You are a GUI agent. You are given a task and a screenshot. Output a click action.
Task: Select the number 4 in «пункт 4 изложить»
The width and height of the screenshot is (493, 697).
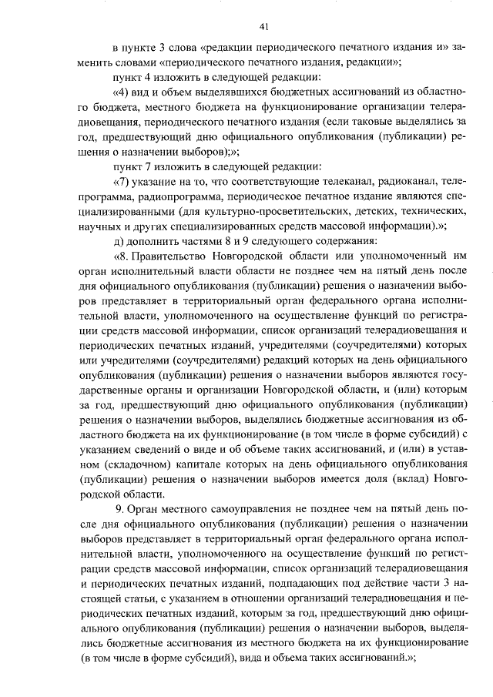(145, 77)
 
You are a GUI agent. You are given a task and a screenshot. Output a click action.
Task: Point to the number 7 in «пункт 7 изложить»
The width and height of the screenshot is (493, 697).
(145, 166)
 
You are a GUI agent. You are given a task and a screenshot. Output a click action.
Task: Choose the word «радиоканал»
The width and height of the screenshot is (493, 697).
(400, 181)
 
